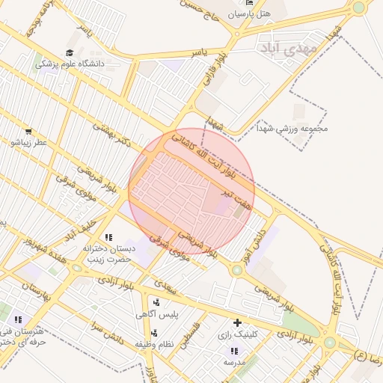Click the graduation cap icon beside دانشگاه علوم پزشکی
tap(70, 53)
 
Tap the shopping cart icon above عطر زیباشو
tap(28, 130)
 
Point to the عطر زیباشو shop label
tap(28, 141)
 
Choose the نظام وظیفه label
tap(155, 343)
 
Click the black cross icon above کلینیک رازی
tap(238, 323)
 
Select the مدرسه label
tap(235, 362)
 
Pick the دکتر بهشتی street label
tap(112, 134)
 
